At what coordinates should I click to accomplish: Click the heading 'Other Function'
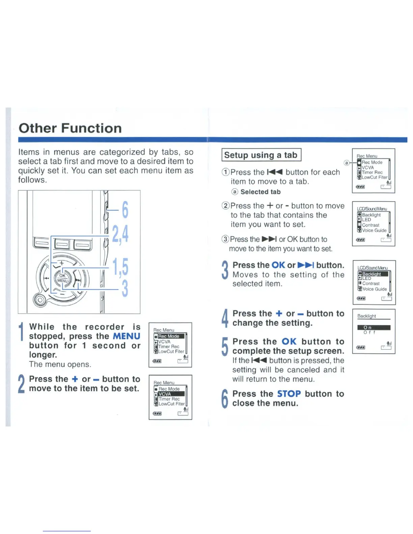(70, 128)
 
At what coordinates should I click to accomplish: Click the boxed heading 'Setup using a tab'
(261, 155)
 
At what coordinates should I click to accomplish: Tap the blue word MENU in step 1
(127, 336)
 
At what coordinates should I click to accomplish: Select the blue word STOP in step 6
(289, 394)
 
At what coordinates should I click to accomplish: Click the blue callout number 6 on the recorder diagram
(125, 210)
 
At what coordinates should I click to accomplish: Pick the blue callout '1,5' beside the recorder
(120, 267)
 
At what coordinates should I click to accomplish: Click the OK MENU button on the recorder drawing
(62, 278)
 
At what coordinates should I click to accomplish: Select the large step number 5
(225, 347)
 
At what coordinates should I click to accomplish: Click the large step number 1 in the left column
(22, 332)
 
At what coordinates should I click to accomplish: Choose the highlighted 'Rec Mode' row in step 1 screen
(169, 336)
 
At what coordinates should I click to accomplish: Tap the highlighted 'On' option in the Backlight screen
(367, 327)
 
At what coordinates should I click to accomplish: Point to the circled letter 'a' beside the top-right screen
(346, 163)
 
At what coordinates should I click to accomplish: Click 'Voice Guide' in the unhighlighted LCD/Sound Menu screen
(374, 231)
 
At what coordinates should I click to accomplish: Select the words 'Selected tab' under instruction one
(260, 192)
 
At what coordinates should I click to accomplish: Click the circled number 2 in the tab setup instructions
(225, 206)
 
